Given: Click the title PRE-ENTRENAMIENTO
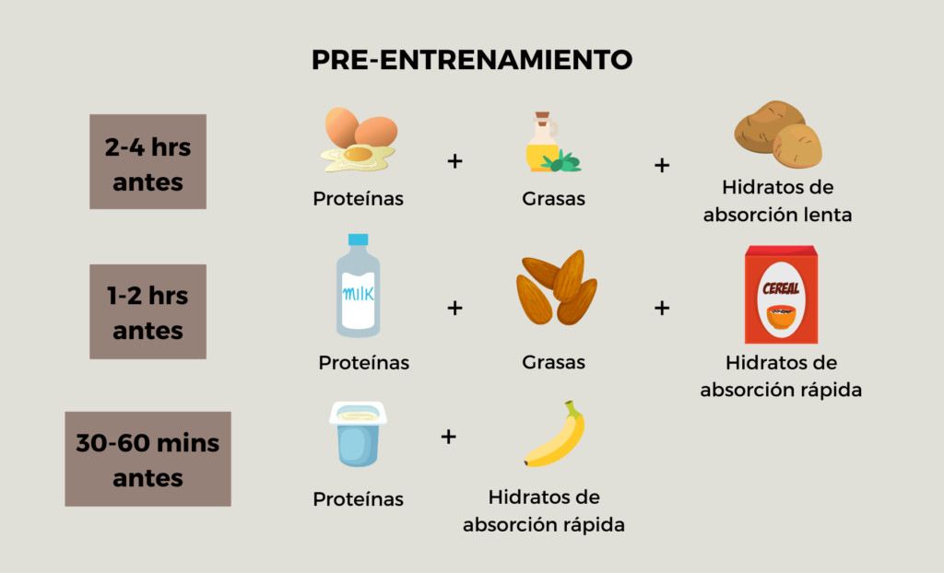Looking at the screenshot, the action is (472, 60).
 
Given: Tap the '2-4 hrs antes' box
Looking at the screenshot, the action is (148, 162).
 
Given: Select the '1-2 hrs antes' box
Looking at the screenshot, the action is (148, 311).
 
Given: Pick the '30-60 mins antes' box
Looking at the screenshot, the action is (148, 460).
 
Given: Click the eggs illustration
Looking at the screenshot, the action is (360, 140).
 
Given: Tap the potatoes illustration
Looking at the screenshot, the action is (778, 134).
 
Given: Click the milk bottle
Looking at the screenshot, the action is (359, 286).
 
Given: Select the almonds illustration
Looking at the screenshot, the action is (556, 287).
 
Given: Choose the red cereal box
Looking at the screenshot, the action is (782, 294).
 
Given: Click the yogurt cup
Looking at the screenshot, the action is (359, 434).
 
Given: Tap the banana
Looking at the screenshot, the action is (554, 434).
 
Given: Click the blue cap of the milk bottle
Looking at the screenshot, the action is (359, 240).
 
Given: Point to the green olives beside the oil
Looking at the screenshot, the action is (561, 161).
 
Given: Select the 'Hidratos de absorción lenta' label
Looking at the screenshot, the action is (778, 201).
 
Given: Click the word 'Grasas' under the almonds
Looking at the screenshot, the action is (553, 362).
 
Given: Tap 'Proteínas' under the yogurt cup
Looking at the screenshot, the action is (359, 499).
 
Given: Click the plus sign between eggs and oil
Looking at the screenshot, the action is (455, 160).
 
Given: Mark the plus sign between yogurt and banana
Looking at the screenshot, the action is (449, 437).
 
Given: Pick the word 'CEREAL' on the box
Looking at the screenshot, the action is (781, 289).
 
